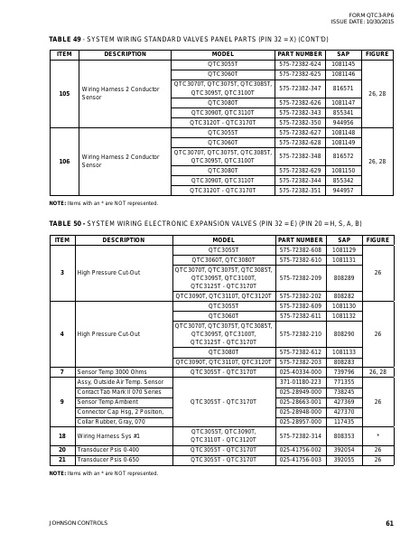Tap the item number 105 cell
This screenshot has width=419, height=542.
click(x=63, y=93)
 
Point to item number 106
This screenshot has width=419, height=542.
click(x=63, y=161)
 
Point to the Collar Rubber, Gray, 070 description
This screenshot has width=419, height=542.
click(x=111, y=421)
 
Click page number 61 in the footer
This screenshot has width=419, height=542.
click(x=389, y=523)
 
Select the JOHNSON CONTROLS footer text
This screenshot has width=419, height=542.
click(x=72, y=523)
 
